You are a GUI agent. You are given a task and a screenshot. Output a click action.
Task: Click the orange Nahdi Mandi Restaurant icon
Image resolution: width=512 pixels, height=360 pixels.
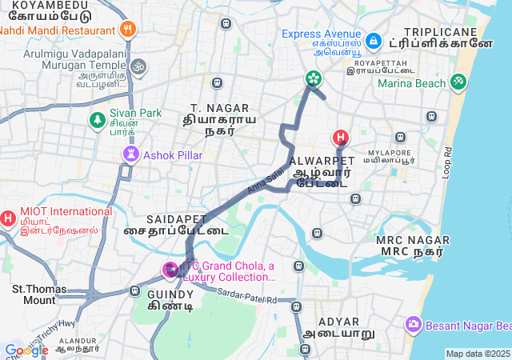point(127,30)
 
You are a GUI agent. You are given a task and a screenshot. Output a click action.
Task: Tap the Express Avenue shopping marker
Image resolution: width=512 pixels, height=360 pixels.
point(372,39)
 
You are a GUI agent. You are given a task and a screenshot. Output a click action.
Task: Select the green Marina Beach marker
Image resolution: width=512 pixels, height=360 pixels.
point(458,82)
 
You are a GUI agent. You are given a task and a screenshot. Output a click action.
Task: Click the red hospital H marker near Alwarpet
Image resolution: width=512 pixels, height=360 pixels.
point(341,138)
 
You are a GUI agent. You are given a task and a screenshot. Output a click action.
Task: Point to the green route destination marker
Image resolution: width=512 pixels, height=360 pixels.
point(313,78)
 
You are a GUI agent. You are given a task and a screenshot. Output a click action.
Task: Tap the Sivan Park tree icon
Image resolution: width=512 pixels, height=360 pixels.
point(97,119)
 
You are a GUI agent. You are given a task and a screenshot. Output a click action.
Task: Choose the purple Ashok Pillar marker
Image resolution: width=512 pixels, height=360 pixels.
point(129,154)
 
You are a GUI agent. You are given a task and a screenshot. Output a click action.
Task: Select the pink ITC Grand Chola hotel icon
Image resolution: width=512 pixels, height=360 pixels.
point(170,270)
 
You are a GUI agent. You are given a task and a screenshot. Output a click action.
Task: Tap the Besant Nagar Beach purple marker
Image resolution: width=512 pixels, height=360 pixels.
point(414,325)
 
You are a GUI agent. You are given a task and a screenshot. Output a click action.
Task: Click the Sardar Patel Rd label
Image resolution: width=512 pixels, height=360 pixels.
point(246,298)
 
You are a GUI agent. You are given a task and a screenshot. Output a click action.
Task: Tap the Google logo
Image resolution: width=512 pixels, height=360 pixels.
point(26,350)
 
